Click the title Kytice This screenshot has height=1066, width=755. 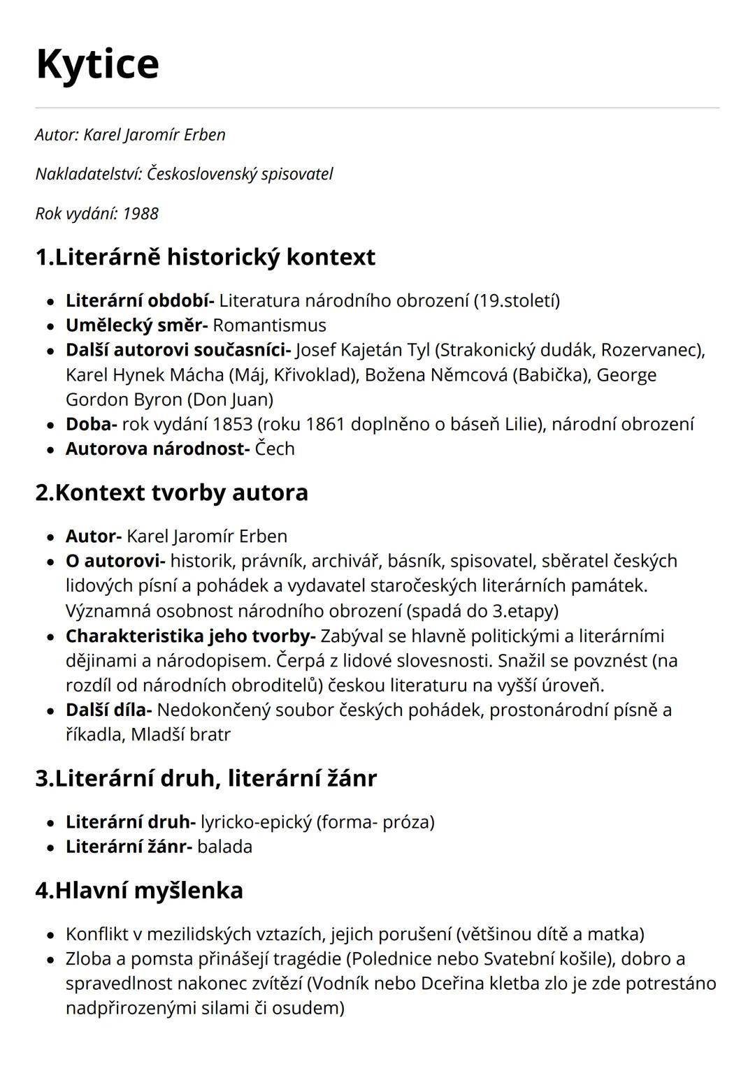tap(97, 64)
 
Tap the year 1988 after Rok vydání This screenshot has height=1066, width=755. tap(141, 214)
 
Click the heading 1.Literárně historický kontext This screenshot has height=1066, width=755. tap(205, 257)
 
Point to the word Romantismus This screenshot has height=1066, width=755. tap(269, 326)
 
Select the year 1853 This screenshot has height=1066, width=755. tap(233, 424)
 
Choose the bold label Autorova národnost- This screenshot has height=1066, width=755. tap(157, 448)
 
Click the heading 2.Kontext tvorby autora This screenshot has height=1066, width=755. tap(171, 492)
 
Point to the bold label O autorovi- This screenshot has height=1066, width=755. tap(115, 561)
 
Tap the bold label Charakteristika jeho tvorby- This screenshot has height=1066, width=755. tap(191, 636)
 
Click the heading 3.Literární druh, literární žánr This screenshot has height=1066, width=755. tap(206, 778)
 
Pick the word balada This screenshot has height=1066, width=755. tap(224, 847)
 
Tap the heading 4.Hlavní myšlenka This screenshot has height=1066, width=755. tap(139, 891)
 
